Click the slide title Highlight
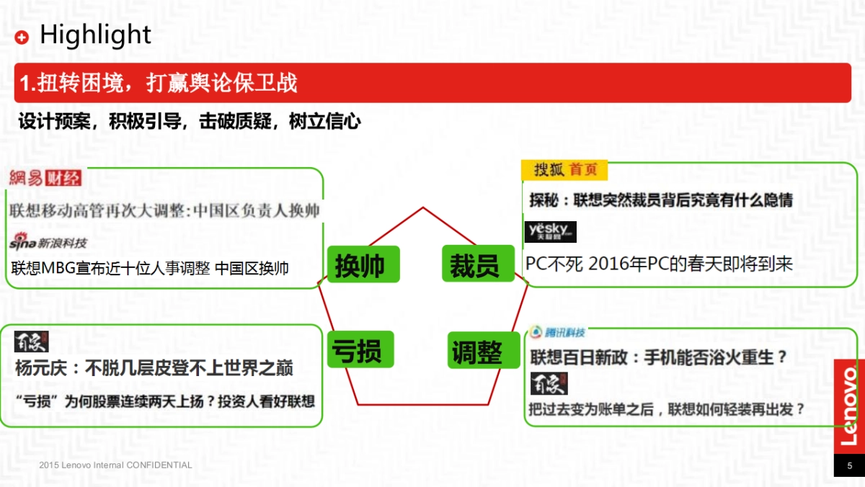pyautogui.click(x=95, y=35)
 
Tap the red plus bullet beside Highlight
pyautogui.click(x=22, y=37)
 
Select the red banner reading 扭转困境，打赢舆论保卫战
pyautogui.click(x=432, y=83)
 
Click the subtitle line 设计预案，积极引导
pyautogui.click(x=190, y=122)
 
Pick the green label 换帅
pyautogui.click(x=359, y=266)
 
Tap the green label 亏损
pyautogui.click(x=357, y=351)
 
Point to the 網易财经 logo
pyautogui.click(x=45, y=179)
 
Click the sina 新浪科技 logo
pyautogui.click(x=48, y=242)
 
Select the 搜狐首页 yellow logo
pyautogui.click(x=564, y=170)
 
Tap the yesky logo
pyautogui.click(x=550, y=231)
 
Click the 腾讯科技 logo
pyautogui.click(x=557, y=332)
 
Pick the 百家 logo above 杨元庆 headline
pyautogui.click(x=31, y=340)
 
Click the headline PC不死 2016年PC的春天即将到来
pyautogui.click(x=659, y=264)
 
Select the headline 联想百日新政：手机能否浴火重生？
pyautogui.click(x=659, y=357)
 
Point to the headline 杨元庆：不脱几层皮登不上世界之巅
pyautogui.click(x=154, y=369)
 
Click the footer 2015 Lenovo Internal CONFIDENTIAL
pyautogui.click(x=115, y=465)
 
